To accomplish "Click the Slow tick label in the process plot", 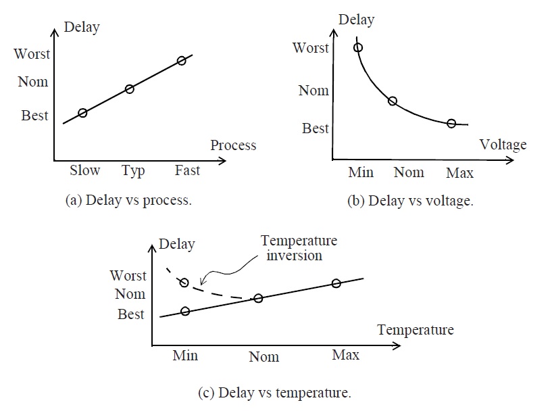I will [84, 170].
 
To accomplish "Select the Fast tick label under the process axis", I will [187, 170].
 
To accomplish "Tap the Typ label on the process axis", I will [133, 171].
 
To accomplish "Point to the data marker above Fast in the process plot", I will [181, 61].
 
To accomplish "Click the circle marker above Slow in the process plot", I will [82, 113].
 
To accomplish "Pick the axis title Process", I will [233, 145].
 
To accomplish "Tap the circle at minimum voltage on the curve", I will [358, 47].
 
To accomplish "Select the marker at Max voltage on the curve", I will [451, 123].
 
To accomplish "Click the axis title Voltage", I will [503, 145].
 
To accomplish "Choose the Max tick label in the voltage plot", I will [459, 173].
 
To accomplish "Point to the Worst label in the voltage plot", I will [311, 48].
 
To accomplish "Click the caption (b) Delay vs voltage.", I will [410, 201].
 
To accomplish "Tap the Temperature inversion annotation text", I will [299, 247].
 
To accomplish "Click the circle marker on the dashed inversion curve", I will [183, 282].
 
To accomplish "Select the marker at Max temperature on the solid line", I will [336, 283].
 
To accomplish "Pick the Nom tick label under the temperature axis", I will [264, 357].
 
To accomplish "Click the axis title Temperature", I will [416, 330].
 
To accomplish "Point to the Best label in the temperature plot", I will [131, 314].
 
